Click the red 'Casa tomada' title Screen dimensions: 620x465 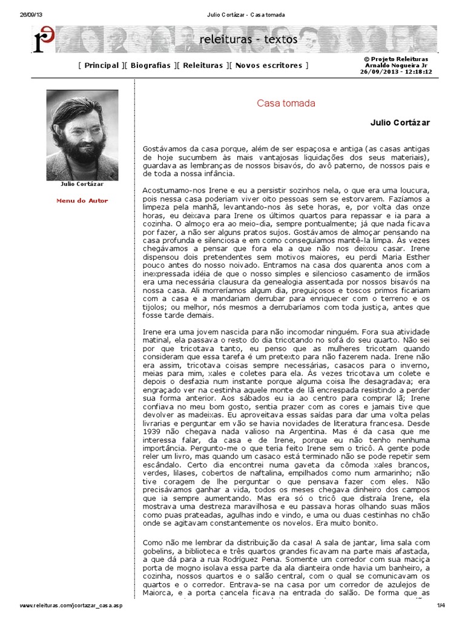coord(286,104)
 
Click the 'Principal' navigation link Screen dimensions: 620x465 coord(101,65)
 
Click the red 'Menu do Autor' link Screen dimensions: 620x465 coord(82,200)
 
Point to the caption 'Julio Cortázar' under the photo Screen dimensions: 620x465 coord(82,183)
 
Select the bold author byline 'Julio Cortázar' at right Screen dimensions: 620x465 coord(400,122)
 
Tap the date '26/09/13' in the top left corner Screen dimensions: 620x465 coord(23,15)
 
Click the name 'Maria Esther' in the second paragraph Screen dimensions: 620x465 coord(407,257)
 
